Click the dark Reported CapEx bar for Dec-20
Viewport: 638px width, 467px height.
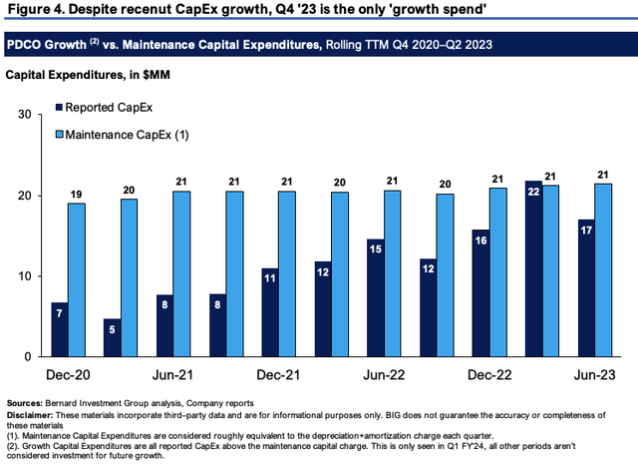click(x=60, y=329)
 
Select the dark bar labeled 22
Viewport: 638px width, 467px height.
click(x=533, y=268)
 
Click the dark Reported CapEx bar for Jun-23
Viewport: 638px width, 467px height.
click(x=585, y=288)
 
